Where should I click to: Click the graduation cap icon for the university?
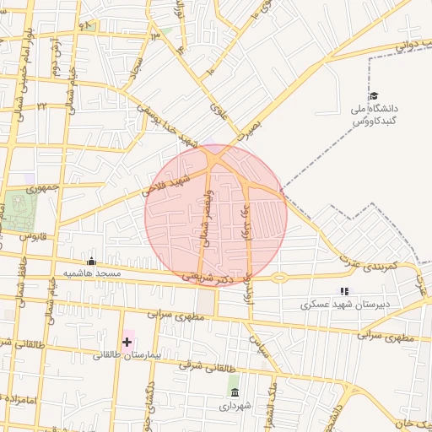click(x=374, y=96)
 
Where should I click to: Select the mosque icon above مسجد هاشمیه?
click(x=91, y=261)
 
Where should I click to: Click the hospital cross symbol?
click(x=127, y=342)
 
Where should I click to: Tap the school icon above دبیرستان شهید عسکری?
click(x=343, y=291)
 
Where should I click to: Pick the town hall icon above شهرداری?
click(x=234, y=393)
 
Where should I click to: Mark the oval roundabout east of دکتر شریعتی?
click(x=279, y=278)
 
